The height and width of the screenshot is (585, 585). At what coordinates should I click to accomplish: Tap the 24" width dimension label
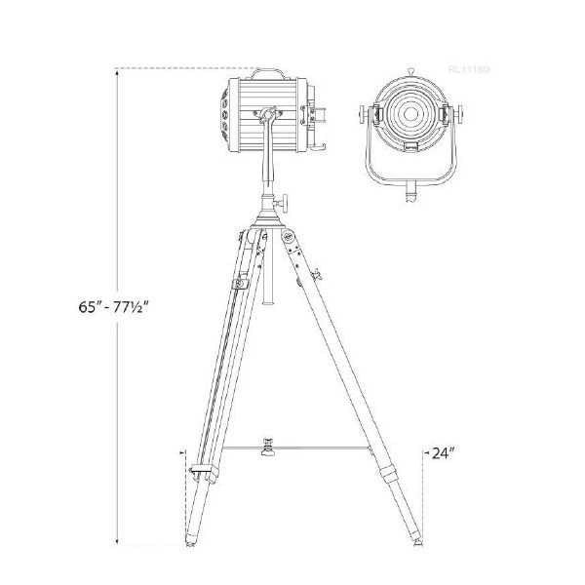pyautogui.click(x=444, y=453)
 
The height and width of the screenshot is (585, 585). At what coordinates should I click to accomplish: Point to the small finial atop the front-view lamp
pyautogui.click(x=410, y=71)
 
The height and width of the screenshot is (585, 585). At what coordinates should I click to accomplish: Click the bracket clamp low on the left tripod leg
pyautogui.click(x=201, y=472)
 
